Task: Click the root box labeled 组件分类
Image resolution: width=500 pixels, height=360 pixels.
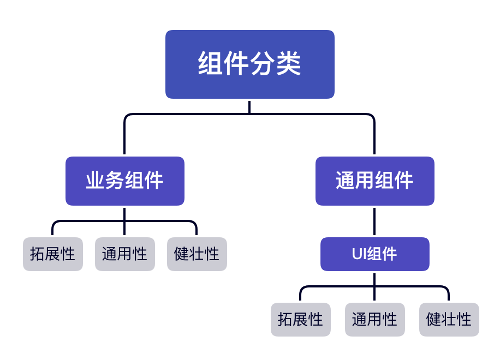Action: pos(249,64)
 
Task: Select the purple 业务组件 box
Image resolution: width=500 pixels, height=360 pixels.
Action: pos(124,181)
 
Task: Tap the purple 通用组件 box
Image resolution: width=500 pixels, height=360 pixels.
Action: pos(374,181)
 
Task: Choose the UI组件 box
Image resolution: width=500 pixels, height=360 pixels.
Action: pos(374,254)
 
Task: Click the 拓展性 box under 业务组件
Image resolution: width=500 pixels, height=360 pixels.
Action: pos(52,254)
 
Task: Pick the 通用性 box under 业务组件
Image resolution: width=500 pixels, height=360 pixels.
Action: pos(124,254)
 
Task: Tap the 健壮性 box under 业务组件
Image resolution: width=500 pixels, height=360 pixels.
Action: pos(197,254)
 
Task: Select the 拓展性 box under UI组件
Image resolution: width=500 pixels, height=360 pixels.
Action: pos(300,320)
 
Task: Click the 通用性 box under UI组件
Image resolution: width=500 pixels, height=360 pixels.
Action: pos(374,320)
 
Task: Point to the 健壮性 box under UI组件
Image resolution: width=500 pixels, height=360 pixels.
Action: pos(449,320)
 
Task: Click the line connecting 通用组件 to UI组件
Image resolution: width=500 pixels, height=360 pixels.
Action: pos(374,221)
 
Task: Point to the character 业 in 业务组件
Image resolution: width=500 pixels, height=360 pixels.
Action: pos(95,181)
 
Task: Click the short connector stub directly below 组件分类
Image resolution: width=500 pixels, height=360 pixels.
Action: pos(249,106)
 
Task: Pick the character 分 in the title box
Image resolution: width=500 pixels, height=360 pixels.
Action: pos(263,64)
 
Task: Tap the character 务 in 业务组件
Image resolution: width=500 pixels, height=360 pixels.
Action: pos(115,181)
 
